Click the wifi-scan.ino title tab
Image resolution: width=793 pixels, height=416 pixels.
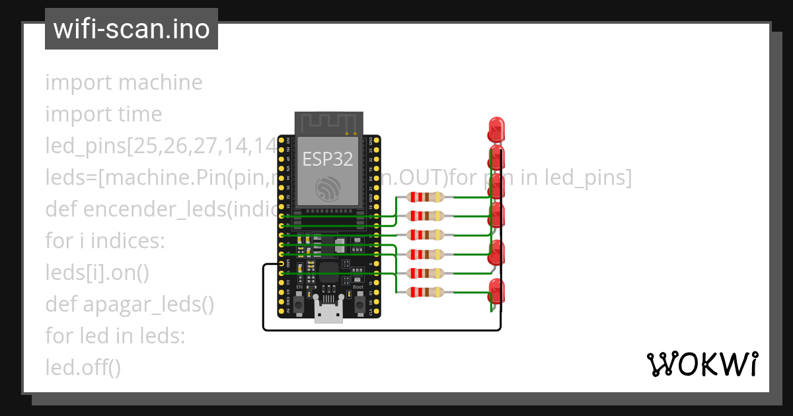[x=132, y=29]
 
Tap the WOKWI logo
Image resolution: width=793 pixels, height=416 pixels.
[x=701, y=364]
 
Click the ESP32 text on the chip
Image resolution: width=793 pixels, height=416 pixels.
[x=328, y=158]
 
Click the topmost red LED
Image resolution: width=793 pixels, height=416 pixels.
[x=496, y=128]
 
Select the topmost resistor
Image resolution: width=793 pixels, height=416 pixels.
[x=426, y=197]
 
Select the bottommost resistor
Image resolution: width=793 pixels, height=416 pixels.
[x=426, y=292]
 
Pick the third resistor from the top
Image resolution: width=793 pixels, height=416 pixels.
[x=426, y=234]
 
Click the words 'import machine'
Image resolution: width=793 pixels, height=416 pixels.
[x=124, y=83]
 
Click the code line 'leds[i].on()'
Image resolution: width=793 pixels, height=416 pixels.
[x=98, y=273]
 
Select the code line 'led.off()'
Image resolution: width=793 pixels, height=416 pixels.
[x=83, y=367]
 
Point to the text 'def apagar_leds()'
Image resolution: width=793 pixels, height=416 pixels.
[x=130, y=304]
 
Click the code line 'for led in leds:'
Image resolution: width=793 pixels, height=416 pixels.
[x=115, y=335]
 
